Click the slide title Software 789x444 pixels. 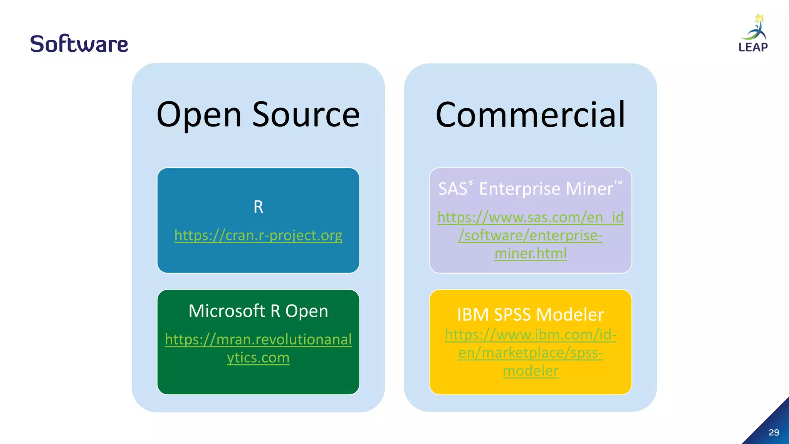click(79, 44)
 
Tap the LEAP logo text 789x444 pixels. click(753, 47)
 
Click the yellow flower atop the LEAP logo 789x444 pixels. click(759, 18)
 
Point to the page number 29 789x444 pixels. click(774, 432)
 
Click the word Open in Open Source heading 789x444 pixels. click(199, 114)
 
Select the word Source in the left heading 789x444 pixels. click(306, 114)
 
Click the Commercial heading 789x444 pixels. click(530, 114)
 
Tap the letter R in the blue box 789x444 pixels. click(258, 207)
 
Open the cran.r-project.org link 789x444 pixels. click(258, 235)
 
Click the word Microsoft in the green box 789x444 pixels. click(227, 311)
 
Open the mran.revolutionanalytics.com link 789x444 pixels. click(258, 340)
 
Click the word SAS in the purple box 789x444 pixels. click(452, 189)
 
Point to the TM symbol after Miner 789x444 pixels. click(618, 182)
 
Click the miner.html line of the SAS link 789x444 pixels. click(530, 254)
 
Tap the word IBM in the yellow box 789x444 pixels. click(472, 314)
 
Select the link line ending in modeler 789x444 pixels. click(530, 371)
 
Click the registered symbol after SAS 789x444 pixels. click(471, 183)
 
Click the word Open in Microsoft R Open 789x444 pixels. click(306, 311)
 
